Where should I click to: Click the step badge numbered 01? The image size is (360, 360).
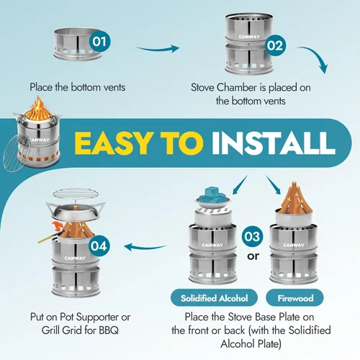tap(99, 42)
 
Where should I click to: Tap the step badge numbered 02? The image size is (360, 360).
tap(275, 45)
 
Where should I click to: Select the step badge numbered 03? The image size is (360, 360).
tap(252, 236)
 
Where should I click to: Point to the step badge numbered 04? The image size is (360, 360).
tap(99, 246)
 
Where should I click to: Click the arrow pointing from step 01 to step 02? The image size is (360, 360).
tap(158, 49)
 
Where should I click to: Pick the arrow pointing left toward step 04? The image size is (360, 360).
tap(145, 247)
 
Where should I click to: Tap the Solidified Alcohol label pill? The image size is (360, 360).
tap(214, 298)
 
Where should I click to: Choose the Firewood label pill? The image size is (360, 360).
tap(295, 298)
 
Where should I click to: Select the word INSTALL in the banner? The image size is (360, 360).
tap(273, 143)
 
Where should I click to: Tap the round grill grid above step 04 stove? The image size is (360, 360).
tap(76, 194)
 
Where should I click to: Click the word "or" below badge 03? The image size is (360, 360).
tap(253, 256)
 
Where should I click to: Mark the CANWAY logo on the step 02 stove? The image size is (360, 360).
tap(249, 37)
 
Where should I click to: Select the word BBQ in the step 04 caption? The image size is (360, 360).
tap(109, 330)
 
